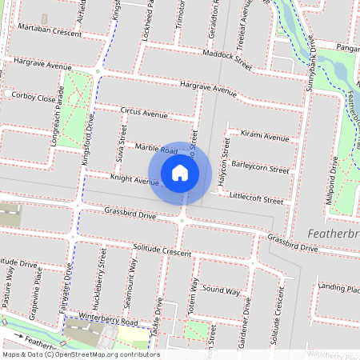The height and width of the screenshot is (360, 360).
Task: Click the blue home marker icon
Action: (x=180, y=173)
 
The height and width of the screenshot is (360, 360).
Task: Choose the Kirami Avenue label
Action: (x=265, y=138)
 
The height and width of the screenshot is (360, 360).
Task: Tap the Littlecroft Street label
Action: (x=256, y=196)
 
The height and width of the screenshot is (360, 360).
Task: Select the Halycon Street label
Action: (x=225, y=164)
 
